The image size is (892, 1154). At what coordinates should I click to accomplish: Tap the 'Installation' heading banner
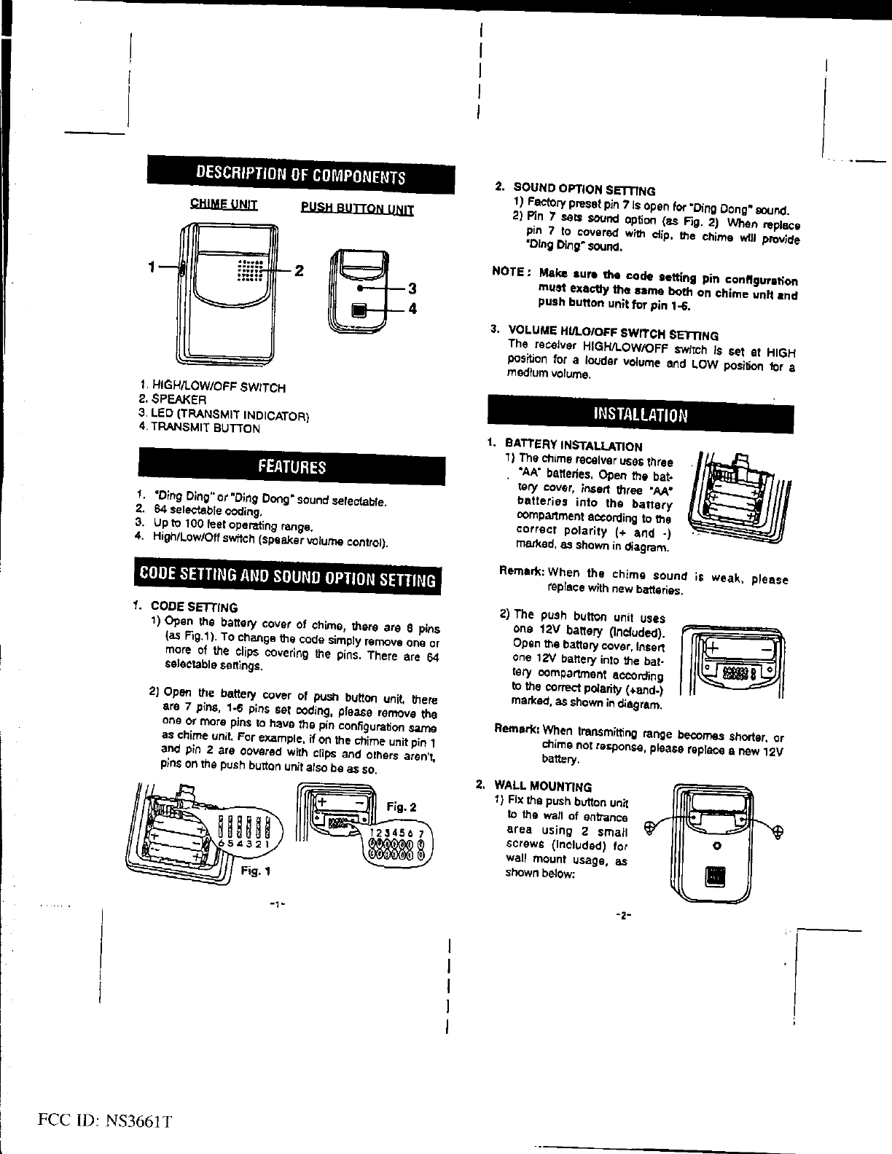click(641, 415)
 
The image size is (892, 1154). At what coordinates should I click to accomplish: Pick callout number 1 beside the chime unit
click(151, 267)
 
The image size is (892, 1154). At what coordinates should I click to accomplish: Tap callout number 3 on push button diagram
click(411, 289)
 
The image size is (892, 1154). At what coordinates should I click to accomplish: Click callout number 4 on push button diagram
click(412, 309)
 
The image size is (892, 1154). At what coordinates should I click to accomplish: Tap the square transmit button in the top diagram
click(359, 310)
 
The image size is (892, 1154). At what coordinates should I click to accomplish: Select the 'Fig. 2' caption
click(402, 806)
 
